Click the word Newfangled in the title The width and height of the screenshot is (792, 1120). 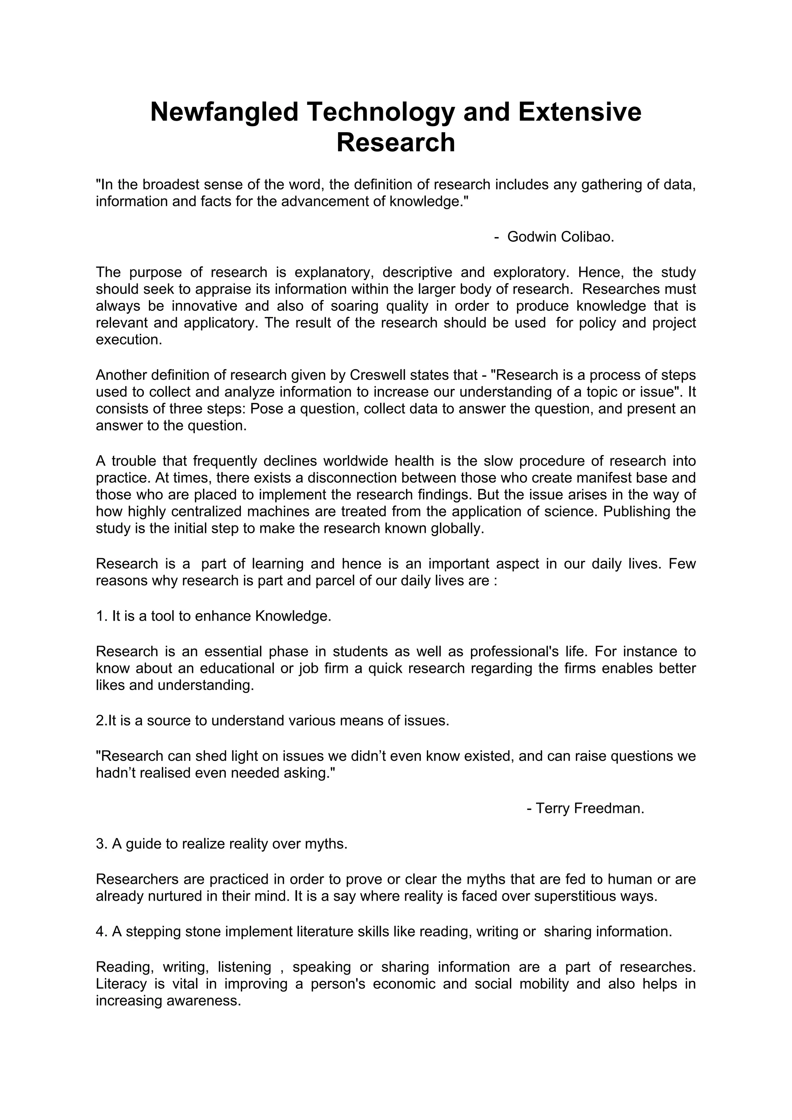pyautogui.click(x=224, y=112)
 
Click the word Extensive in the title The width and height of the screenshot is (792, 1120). pyautogui.click(x=579, y=112)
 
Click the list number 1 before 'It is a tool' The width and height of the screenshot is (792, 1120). pyautogui.click(x=101, y=616)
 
